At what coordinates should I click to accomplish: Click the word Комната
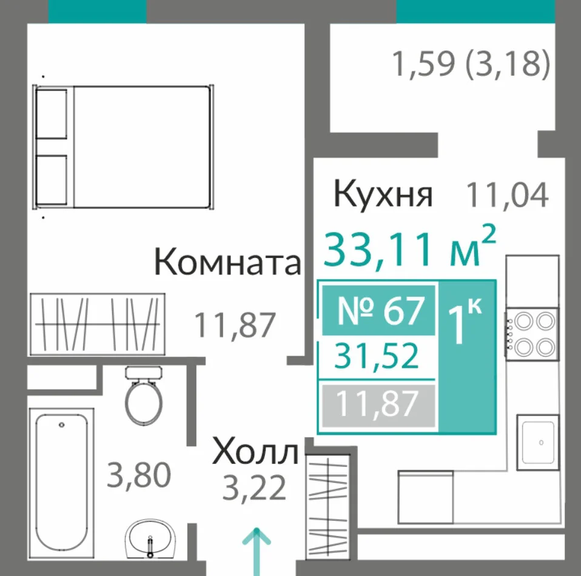227,262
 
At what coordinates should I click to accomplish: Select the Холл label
255,451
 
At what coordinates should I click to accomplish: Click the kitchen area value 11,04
507,195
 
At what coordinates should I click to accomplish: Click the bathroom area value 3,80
139,475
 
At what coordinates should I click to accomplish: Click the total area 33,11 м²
409,247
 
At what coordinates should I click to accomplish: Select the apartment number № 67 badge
378,310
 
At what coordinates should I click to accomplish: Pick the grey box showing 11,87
378,405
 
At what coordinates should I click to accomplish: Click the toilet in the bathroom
143,395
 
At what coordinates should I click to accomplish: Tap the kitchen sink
538,443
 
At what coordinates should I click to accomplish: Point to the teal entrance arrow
257,552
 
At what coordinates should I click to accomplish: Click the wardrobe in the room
98,325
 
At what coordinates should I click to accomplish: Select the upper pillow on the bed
52,114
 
